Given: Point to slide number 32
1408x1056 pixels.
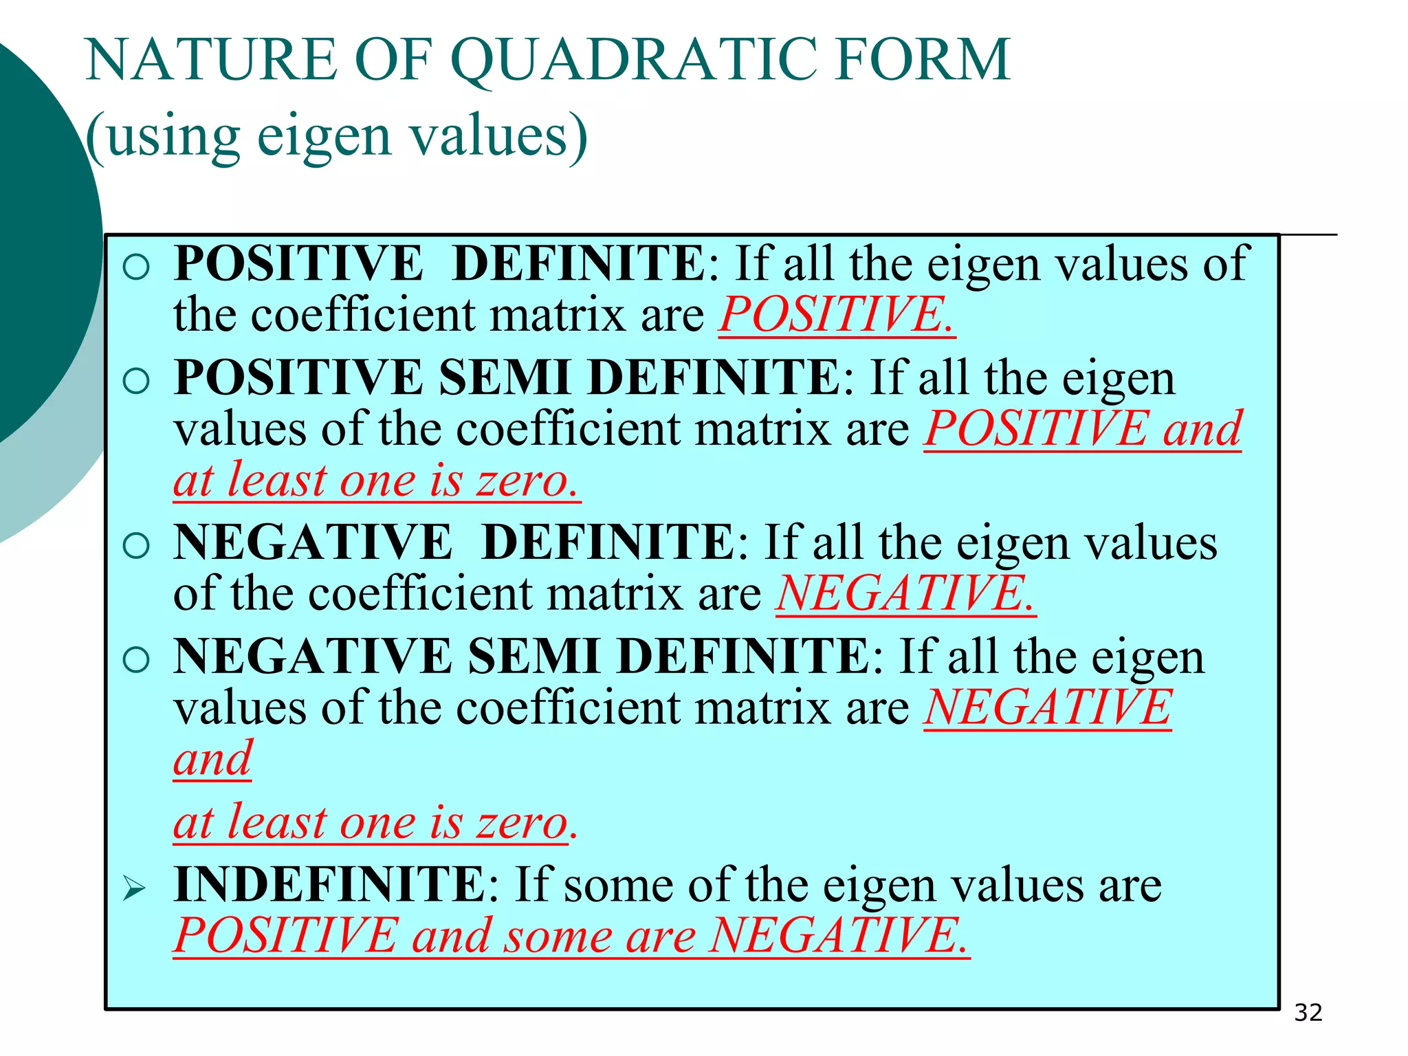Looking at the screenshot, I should (x=1308, y=1013).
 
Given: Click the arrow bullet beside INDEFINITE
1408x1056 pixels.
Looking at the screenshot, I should (x=135, y=888).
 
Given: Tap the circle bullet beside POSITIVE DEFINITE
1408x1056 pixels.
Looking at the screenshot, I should (x=136, y=267).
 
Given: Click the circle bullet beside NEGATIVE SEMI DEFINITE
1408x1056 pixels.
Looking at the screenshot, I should (x=136, y=660).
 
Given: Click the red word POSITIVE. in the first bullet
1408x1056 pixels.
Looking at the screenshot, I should (x=836, y=315).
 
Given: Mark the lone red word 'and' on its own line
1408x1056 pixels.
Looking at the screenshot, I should (x=212, y=759).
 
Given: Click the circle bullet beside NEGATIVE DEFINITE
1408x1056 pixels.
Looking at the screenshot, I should (x=136, y=546).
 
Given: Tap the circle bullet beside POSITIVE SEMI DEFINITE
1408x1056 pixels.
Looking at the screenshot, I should (x=136, y=381).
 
